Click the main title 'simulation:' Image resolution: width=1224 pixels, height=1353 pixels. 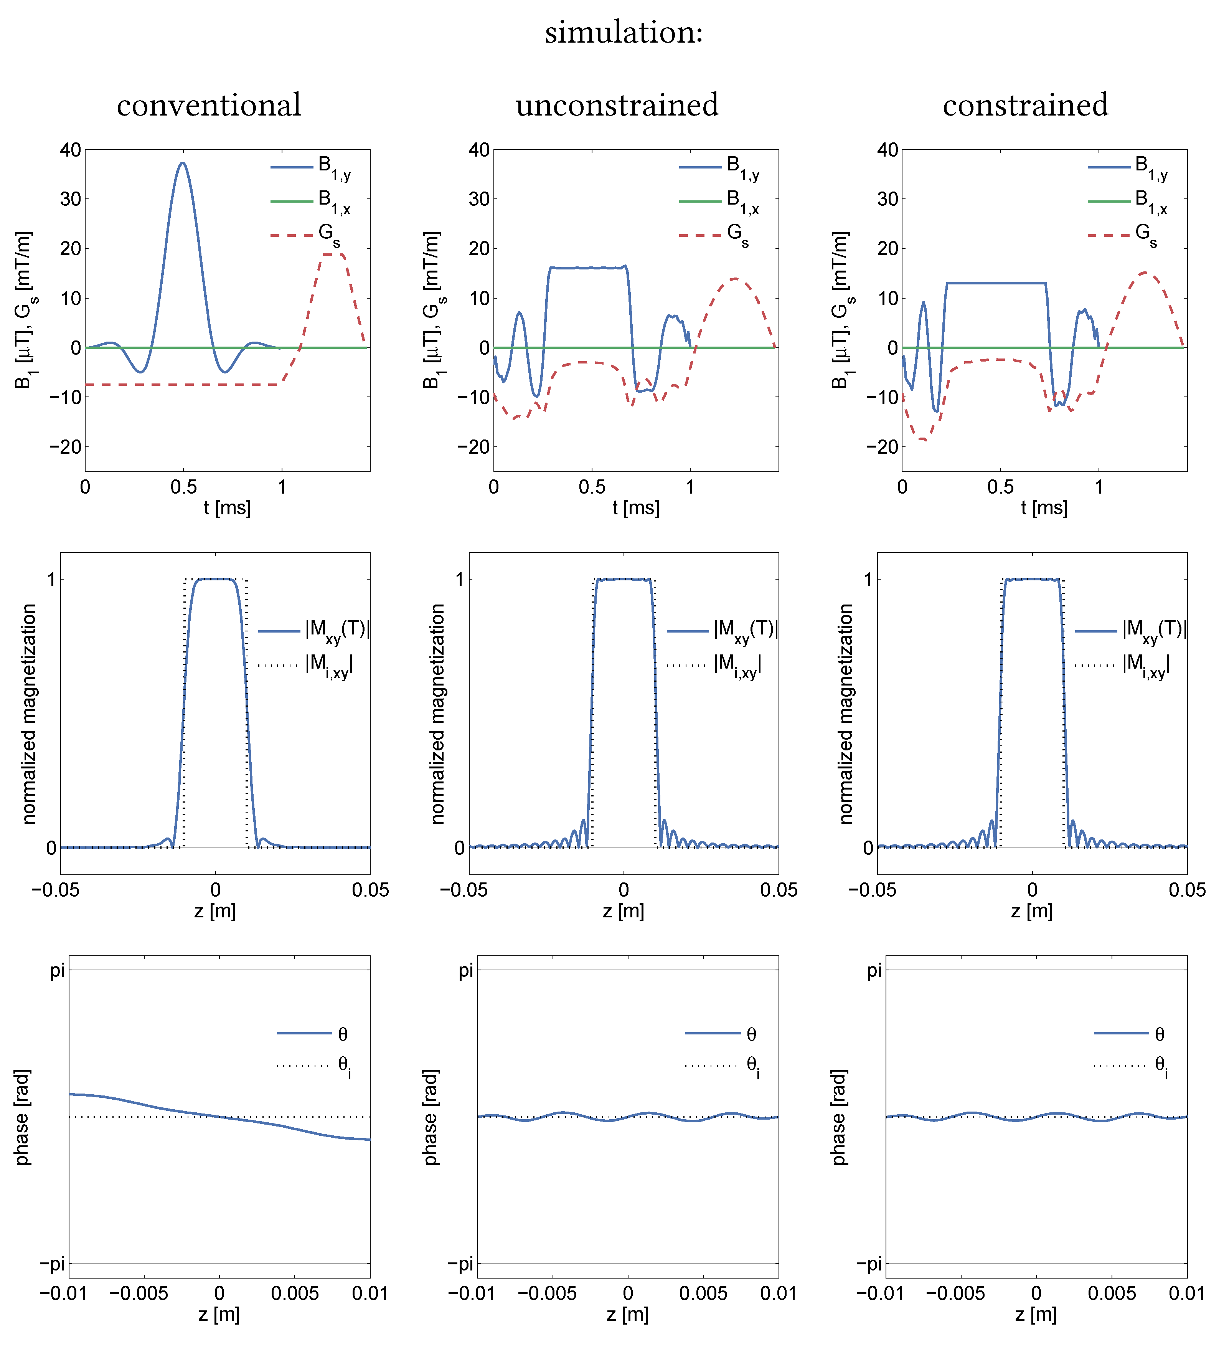click(x=624, y=32)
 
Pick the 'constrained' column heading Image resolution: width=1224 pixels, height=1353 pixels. click(x=1025, y=106)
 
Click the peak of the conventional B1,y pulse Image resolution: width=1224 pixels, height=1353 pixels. click(x=183, y=163)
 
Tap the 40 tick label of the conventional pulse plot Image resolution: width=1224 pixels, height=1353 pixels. click(x=71, y=150)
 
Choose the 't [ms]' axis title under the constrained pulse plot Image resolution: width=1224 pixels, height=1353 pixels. click(x=1044, y=508)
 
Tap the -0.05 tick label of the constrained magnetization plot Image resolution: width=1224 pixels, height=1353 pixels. click(x=872, y=890)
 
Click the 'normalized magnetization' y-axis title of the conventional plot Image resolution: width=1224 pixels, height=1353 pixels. click(x=28, y=714)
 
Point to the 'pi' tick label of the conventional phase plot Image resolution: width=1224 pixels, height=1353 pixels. click(x=58, y=970)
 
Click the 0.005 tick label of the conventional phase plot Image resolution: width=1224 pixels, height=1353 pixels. click(x=295, y=1293)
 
